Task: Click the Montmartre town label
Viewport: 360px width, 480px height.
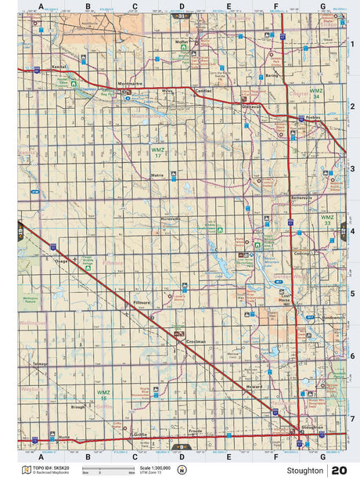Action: point(127,83)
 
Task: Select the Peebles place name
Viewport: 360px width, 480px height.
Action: point(314,117)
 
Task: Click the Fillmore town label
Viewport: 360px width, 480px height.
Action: point(142,301)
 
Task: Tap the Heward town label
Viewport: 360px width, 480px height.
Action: point(253,387)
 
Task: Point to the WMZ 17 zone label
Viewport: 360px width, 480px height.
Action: point(158,151)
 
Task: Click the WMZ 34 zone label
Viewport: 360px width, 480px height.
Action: point(316,93)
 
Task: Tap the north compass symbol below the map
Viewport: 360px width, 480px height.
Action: point(182,470)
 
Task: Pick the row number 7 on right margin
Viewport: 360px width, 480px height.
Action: point(352,418)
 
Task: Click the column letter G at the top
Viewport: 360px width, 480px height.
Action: point(322,6)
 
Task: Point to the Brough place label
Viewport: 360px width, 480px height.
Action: point(77,407)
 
